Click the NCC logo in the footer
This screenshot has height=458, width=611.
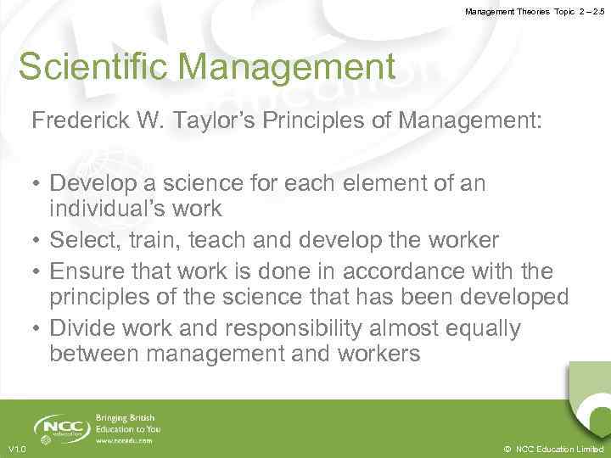[61, 427]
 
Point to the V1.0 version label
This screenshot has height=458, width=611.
[16, 449]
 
